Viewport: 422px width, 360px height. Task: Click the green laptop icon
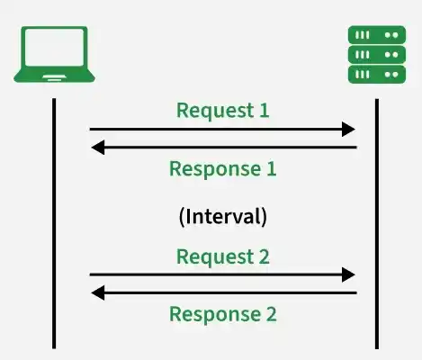coord(54,54)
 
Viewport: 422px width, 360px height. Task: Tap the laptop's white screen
coord(54,47)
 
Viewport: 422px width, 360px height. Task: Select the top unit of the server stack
coord(377,35)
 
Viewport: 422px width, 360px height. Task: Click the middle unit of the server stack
coord(377,55)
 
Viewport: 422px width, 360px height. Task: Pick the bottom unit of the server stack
coord(377,75)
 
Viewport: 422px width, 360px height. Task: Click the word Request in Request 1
coord(215,112)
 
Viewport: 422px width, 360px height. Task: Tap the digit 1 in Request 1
coord(264,110)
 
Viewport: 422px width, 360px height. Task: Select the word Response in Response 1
coord(215,170)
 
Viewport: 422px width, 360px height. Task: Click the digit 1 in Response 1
coord(271,168)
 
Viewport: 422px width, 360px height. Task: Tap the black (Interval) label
coord(222,217)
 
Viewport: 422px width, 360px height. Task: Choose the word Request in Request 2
coord(215,257)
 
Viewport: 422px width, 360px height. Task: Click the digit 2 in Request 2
coord(265,256)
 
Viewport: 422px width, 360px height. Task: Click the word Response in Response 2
coord(215,315)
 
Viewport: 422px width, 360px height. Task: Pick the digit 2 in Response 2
coord(272,314)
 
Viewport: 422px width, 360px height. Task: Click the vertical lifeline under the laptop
coord(54,223)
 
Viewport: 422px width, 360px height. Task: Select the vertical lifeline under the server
coord(377,224)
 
